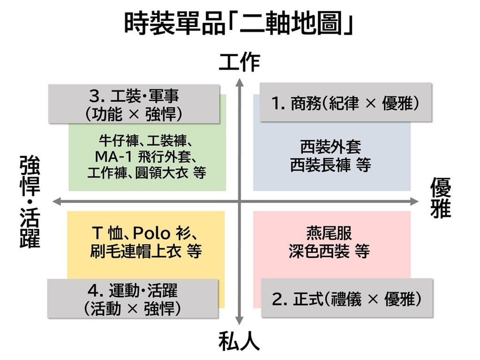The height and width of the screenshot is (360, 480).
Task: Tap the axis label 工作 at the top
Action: coord(239,62)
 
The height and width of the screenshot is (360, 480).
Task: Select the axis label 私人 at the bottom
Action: coord(239,342)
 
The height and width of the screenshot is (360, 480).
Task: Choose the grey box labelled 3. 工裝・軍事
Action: coord(134,104)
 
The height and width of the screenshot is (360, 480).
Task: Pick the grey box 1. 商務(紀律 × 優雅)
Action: coord(345,102)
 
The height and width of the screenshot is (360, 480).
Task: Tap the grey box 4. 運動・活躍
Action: coord(133,298)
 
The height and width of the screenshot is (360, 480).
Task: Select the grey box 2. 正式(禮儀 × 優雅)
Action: coord(347,298)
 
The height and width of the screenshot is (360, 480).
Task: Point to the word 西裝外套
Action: coord(331,148)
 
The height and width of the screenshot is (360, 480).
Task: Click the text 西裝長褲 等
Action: coord(331,165)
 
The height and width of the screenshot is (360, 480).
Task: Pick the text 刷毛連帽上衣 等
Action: coord(146,251)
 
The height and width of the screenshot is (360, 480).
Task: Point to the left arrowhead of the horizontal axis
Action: coord(57,202)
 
